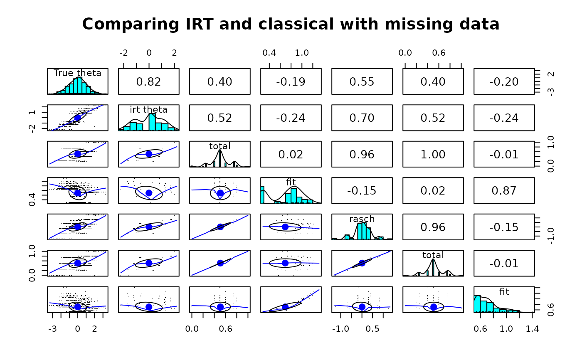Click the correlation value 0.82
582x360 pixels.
click(x=149, y=82)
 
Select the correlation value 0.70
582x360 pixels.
click(x=362, y=118)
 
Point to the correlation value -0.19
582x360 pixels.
click(x=291, y=82)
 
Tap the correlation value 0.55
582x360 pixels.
click(x=362, y=82)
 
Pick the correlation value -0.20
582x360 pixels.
click(x=504, y=82)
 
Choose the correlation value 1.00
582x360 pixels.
click(x=433, y=155)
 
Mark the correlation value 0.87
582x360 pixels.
click(x=504, y=191)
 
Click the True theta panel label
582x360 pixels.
click(x=77, y=73)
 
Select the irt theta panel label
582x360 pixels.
click(x=149, y=110)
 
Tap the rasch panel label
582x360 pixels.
click(x=362, y=219)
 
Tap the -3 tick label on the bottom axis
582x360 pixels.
click(x=52, y=329)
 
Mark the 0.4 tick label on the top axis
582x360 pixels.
click(x=269, y=53)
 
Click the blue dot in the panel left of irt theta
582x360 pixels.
click(x=77, y=117)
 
